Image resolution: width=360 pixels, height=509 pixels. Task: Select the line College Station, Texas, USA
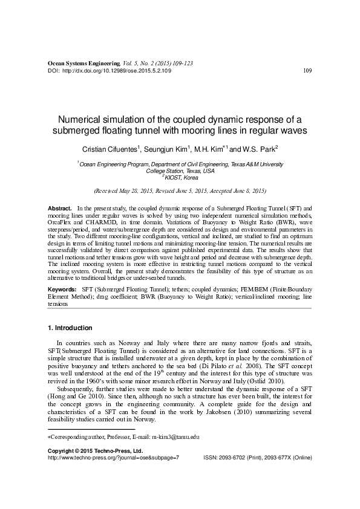(180, 171)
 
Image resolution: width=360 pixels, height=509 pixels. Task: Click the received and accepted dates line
(180, 190)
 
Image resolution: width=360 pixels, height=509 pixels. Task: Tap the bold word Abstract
(59, 208)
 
